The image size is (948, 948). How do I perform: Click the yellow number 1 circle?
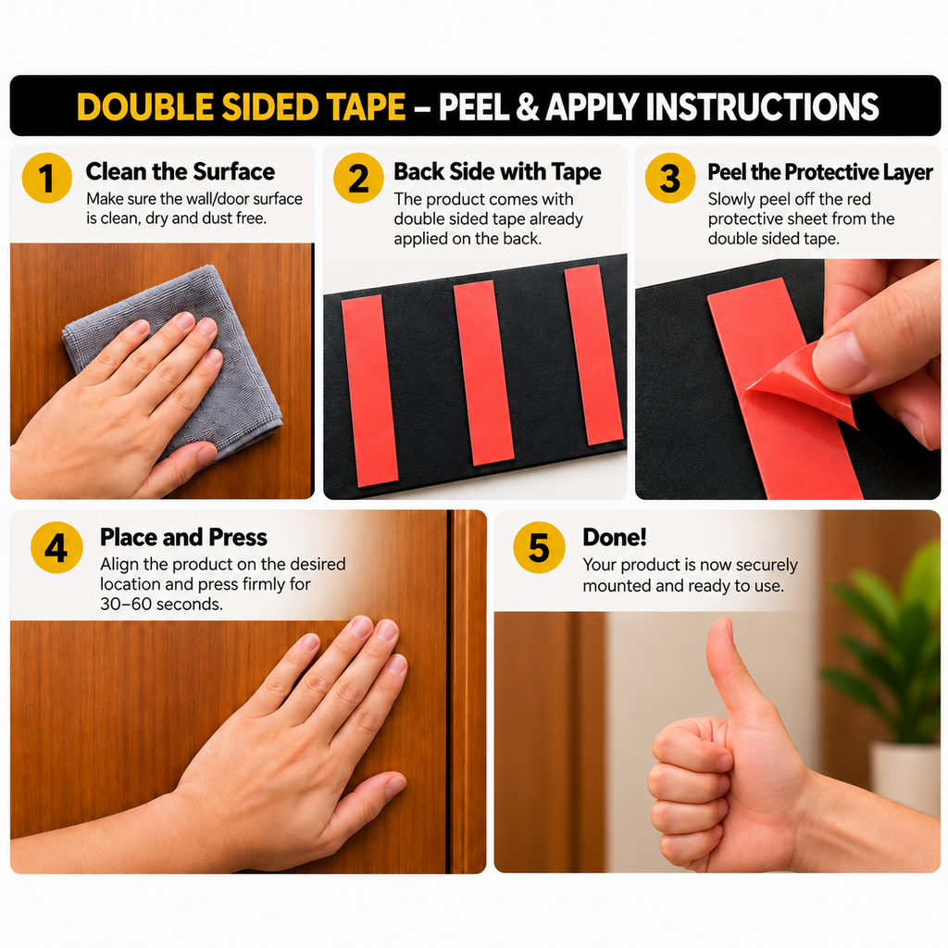pyautogui.click(x=46, y=178)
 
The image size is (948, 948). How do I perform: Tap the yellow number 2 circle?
pyautogui.click(x=358, y=178)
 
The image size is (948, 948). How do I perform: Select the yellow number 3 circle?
pyautogui.click(x=670, y=178)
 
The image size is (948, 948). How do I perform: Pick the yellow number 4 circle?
pyautogui.click(x=56, y=547)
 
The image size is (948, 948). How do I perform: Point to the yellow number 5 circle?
pyautogui.click(x=539, y=547)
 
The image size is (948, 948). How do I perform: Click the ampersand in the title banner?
pyautogui.click(x=527, y=107)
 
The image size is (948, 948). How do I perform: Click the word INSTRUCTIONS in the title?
pyautogui.click(x=762, y=107)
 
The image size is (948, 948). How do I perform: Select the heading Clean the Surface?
pyautogui.click(x=181, y=171)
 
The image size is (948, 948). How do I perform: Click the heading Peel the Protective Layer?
pyautogui.click(x=820, y=172)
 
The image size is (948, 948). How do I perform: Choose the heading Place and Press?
pyautogui.click(x=184, y=537)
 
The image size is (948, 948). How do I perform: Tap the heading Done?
pyautogui.click(x=615, y=537)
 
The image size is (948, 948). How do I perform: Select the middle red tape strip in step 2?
pyautogui.click(x=483, y=373)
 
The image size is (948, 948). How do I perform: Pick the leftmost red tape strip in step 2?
pyautogui.click(x=369, y=390)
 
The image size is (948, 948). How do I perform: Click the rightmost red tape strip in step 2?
pyautogui.click(x=593, y=355)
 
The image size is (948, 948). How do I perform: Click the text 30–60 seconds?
pyautogui.click(x=161, y=604)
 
